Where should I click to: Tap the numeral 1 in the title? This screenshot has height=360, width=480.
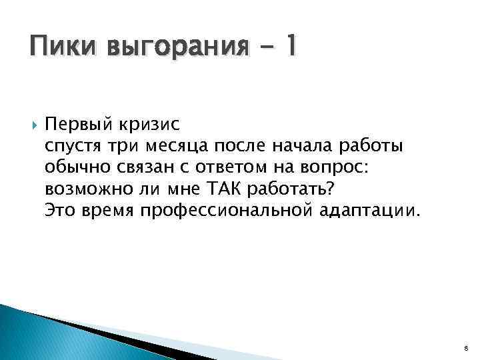tap(292, 47)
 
